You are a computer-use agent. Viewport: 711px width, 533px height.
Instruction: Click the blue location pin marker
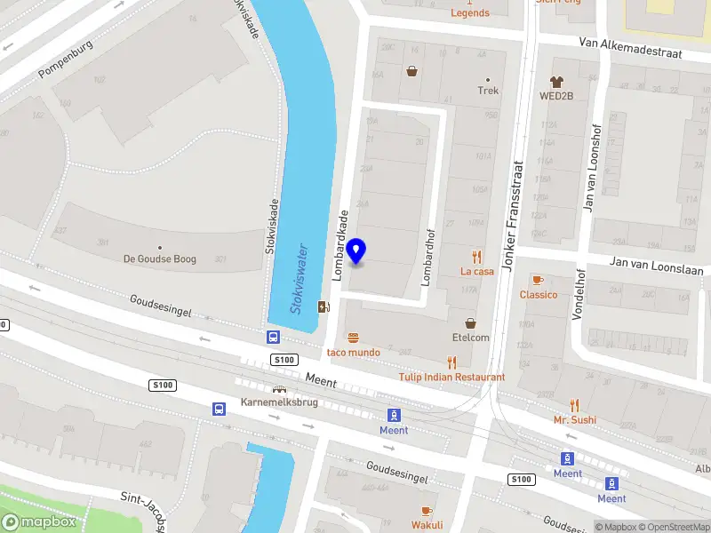point(356,251)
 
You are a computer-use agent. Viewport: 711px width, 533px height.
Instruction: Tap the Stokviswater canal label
point(299,277)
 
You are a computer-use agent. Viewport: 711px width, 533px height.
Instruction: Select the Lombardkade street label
point(341,245)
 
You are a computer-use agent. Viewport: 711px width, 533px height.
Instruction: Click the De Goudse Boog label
point(160,259)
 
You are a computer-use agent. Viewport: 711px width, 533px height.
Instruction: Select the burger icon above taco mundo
point(354,338)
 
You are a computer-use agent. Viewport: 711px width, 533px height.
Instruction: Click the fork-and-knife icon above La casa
point(477,256)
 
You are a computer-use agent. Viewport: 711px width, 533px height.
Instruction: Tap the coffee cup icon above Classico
point(537,280)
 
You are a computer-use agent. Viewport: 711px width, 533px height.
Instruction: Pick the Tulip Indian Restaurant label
point(452,377)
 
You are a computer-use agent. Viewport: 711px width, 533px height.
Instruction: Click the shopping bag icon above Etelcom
point(470,323)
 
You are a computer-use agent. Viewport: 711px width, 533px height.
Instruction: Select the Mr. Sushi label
point(575,419)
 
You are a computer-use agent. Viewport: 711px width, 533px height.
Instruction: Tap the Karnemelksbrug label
point(279,402)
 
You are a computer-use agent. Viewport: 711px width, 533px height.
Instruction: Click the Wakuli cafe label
point(427,525)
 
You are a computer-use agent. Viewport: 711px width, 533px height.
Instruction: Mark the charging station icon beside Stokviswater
point(323,307)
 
